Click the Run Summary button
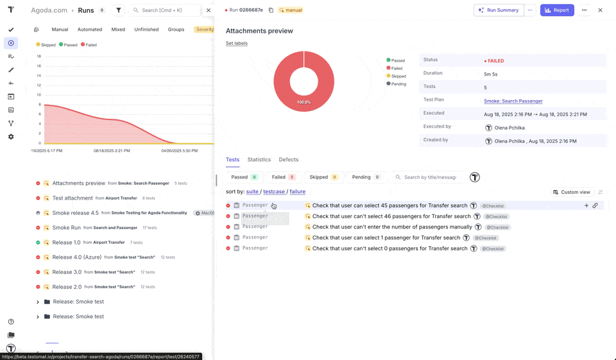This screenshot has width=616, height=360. [x=499, y=10]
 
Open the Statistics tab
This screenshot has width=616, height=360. [x=259, y=160]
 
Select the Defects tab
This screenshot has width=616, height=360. [x=288, y=160]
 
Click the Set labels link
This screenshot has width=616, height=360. [x=237, y=44]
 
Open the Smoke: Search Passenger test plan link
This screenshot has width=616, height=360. [x=513, y=101]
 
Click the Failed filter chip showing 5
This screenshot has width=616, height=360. [x=283, y=177]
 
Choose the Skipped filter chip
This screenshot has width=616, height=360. [x=323, y=177]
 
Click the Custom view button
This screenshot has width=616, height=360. [x=571, y=192]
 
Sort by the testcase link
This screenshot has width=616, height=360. [x=274, y=192]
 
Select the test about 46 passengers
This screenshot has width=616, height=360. [x=391, y=216]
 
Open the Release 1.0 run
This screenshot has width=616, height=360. [x=66, y=243]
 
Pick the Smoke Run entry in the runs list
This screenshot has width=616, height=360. [x=66, y=228]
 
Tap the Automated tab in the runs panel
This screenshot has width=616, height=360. [x=90, y=30]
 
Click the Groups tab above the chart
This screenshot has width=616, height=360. [x=176, y=30]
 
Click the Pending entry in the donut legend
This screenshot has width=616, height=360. [x=398, y=84]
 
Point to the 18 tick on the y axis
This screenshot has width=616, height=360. [x=39, y=56]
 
